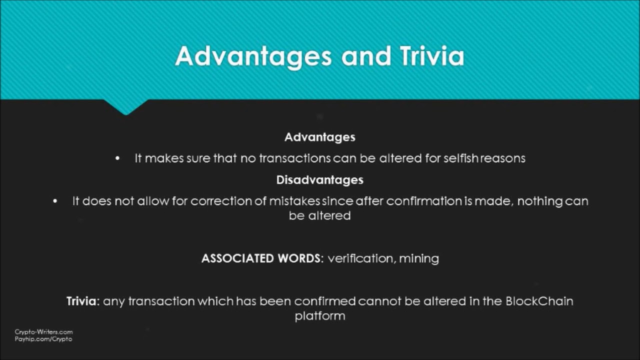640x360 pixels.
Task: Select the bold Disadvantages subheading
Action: pyautogui.click(x=319, y=179)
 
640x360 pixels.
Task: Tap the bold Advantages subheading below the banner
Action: pyautogui.click(x=319, y=137)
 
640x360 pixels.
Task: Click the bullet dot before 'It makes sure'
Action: pyautogui.click(x=117, y=158)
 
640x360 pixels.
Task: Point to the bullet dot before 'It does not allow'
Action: pyautogui.click(x=55, y=201)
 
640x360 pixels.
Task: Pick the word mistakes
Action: pyautogui.click(x=294, y=201)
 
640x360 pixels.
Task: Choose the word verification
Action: pyautogui.click(x=360, y=258)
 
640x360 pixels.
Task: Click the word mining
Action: pyautogui.click(x=418, y=258)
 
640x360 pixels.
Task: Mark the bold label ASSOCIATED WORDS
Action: pyautogui.click(x=261, y=258)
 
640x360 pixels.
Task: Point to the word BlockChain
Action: pyautogui.click(x=539, y=301)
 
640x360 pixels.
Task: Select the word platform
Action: pyautogui.click(x=319, y=316)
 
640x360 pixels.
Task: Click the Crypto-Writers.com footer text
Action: pyautogui.click(x=43, y=331)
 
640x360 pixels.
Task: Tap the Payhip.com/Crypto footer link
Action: pyautogui.click(x=43, y=338)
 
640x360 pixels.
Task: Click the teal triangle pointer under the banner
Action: pyautogui.click(x=125, y=106)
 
